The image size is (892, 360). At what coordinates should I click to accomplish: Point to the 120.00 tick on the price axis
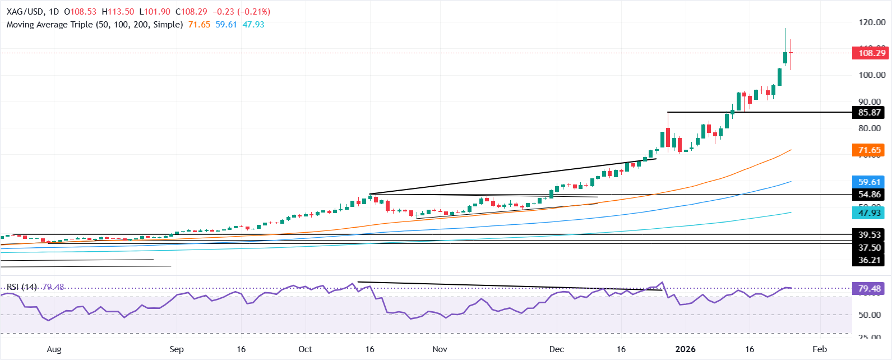872,22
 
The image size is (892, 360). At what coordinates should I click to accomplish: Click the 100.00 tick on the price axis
872,75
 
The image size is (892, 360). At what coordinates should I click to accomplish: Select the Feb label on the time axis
820,349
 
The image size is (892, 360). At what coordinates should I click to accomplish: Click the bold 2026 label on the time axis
685,349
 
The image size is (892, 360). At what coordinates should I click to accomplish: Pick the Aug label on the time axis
54,349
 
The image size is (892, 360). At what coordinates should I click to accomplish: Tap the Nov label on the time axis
440,349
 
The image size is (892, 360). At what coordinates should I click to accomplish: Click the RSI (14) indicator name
22,287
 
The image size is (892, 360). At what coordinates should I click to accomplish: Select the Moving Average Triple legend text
95,25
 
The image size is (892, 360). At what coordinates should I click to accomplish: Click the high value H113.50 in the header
118,11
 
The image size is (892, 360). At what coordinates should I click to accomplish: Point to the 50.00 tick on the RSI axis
870,315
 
